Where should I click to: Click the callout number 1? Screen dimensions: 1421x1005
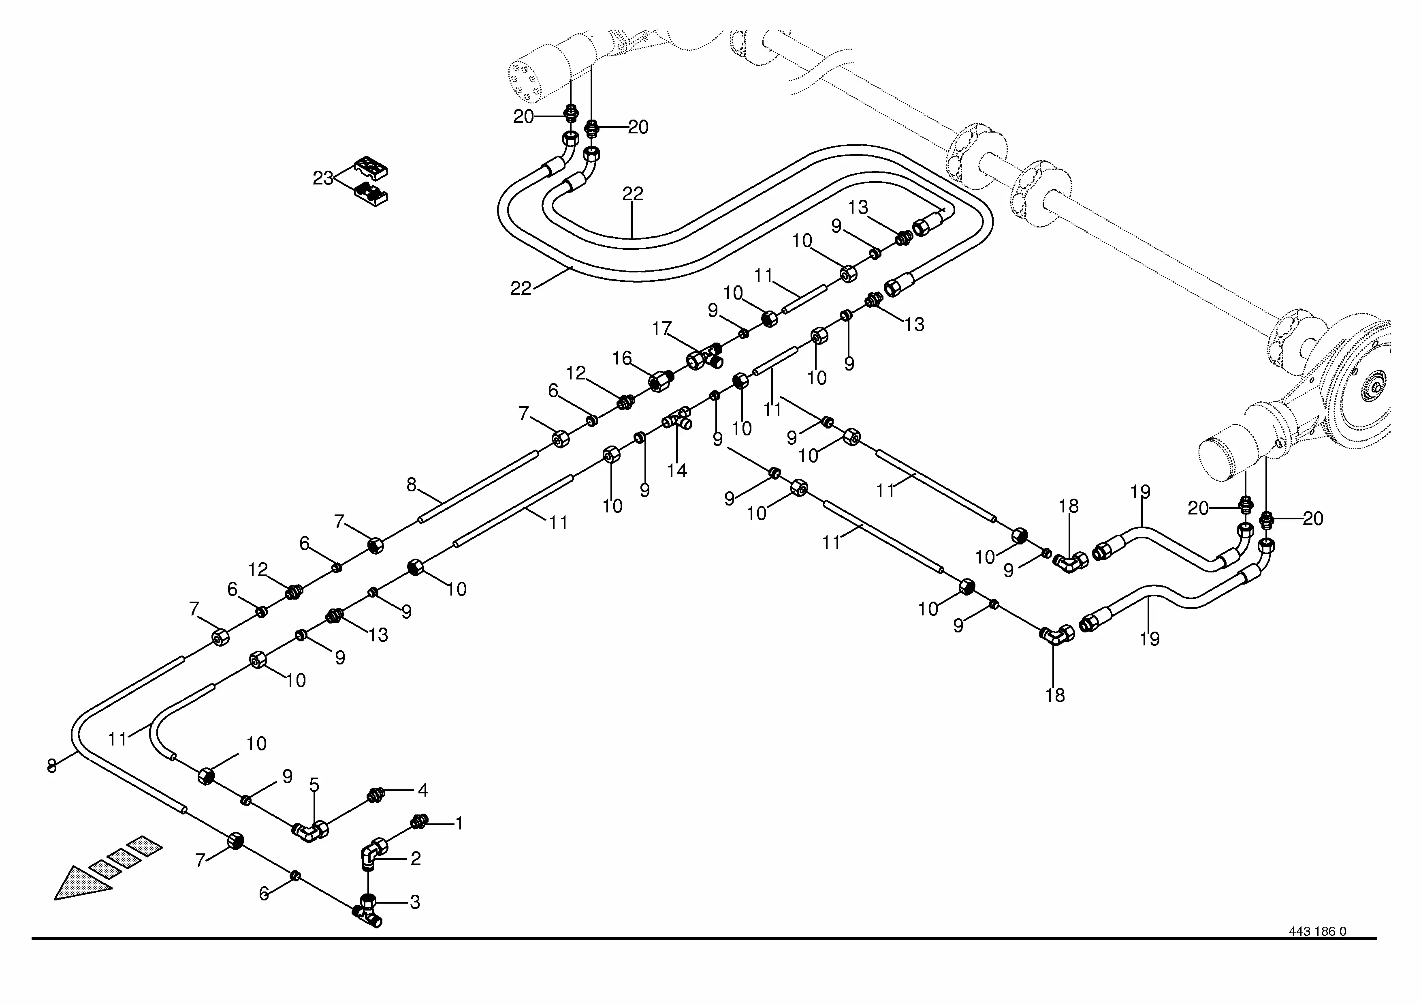(459, 823)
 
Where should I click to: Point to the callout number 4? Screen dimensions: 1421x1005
(423, 790)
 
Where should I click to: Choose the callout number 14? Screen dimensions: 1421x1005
(676, 471)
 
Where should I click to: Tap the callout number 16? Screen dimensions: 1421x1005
(622, 358)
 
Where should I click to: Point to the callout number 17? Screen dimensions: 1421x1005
(661, 328)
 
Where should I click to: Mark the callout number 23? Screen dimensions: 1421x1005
(323, 178)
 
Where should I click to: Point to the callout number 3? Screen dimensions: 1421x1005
(415, 902)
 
